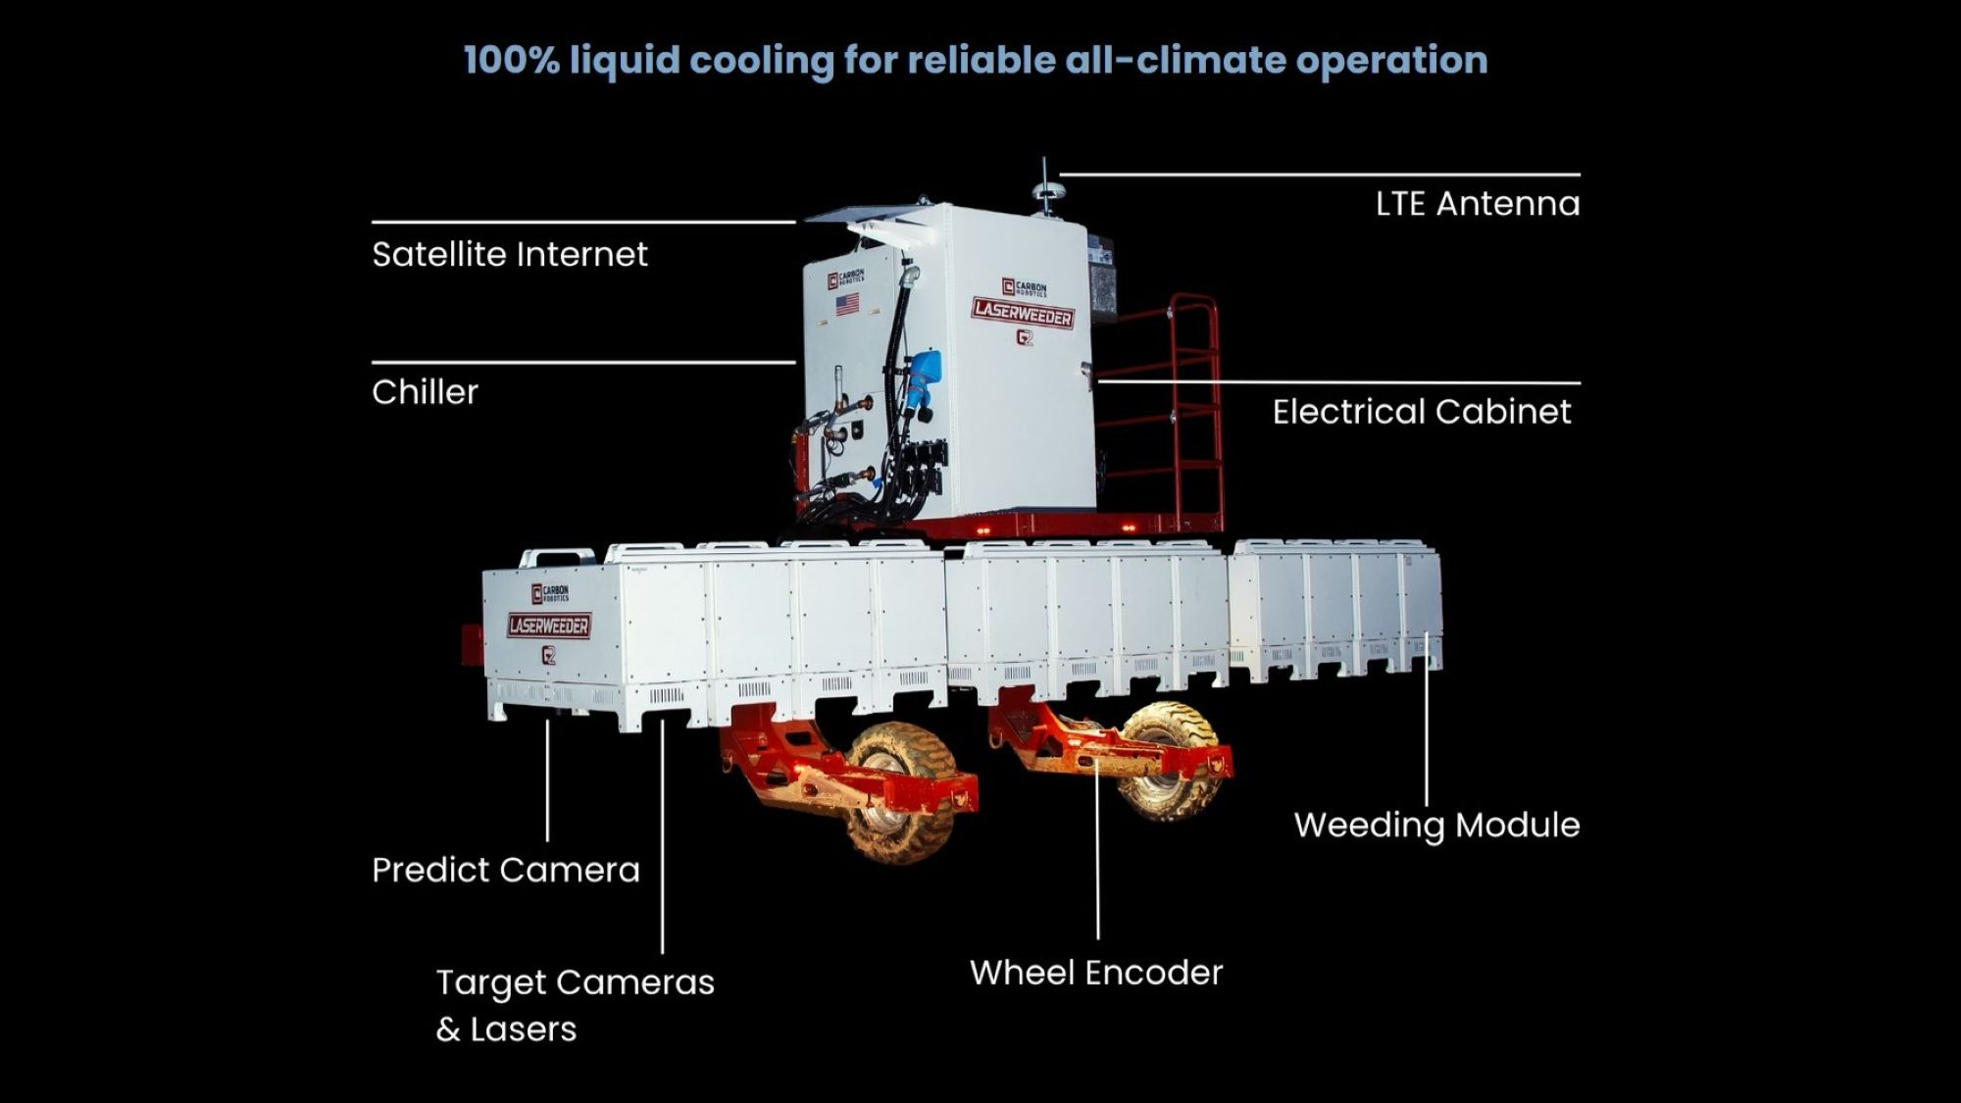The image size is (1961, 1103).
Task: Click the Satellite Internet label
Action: coord(510,255)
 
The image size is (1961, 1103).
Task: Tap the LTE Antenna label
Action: coord(1477,204)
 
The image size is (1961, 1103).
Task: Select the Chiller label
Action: coord(425,392)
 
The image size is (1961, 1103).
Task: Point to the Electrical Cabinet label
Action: coord(1421,412)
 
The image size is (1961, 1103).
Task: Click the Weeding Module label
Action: coord(1436,826)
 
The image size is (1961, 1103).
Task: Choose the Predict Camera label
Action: coord(505,871)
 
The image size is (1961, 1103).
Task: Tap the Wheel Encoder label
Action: coord(1096,973)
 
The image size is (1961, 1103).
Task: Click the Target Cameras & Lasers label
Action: coord(575,1005)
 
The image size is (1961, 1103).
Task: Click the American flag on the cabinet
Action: coord(847,303)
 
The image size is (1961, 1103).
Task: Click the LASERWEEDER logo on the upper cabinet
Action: coord(1023,314)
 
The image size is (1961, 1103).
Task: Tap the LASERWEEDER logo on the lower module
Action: coord(549,626)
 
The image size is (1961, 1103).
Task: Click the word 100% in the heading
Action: coord(511,60)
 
